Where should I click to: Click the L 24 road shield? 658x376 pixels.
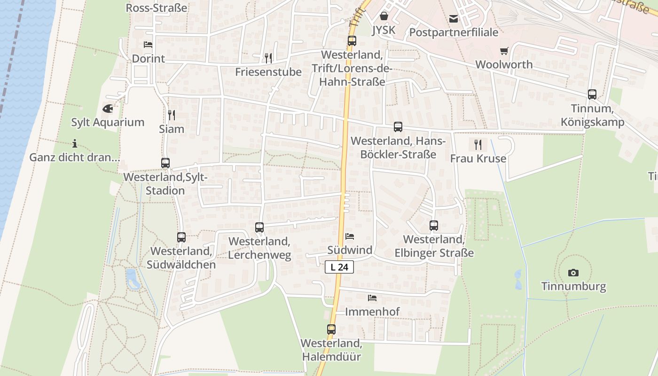[339, 267]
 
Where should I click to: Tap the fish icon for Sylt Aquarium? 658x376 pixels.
[108, 109]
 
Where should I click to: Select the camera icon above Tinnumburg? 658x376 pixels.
[573, 273]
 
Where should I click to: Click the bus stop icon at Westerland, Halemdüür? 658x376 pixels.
[331, 329]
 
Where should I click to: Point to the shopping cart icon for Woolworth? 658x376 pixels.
[504, 51]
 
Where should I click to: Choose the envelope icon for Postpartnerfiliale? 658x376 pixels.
[454, 19]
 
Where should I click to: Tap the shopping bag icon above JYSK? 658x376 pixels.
[384, 16]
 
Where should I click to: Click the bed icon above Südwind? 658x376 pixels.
[350, 236]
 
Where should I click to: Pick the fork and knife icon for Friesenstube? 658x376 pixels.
[268, 58]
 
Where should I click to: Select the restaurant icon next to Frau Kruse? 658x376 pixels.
[478, 144]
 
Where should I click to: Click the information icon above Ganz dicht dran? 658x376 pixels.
[75, 143]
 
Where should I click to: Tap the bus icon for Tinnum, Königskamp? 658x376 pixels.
[592, 94]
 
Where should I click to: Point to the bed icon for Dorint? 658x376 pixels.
[148, 45]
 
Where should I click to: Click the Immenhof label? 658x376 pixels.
[372, 312]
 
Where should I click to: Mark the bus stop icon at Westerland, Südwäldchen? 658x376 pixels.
[181, 237]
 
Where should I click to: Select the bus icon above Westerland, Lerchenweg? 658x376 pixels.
[259, 227]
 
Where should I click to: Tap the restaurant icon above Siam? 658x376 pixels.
[172, 115]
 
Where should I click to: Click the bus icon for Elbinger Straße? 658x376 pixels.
[434, 226]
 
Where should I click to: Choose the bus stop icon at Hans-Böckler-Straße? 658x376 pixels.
[398, 126]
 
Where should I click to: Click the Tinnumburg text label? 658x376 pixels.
[573, 286]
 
